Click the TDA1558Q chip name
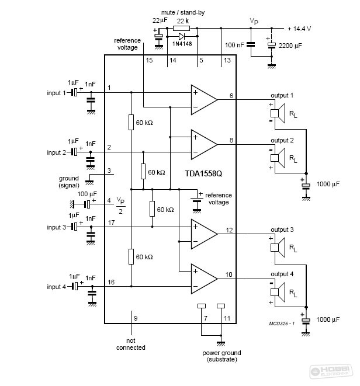[203, 174]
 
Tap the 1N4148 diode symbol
[182, 36]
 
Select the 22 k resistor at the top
[181, 28]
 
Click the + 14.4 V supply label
[299, 29]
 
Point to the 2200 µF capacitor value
[290, 46]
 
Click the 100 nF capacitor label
[234, 45]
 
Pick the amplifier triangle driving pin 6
[205, 100]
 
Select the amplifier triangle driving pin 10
[205, 279]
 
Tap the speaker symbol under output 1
[278, 113]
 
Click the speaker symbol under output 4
[278, 292]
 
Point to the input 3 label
[57, 227]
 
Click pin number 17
[112, 222]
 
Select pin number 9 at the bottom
[136, 318]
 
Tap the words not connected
[130, 344]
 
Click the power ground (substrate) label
[221, 356]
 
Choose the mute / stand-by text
[183, 12]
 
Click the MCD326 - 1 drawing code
[282, 324]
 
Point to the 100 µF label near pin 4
[87, 194]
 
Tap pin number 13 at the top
[227, 60]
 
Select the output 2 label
[282, 140]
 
